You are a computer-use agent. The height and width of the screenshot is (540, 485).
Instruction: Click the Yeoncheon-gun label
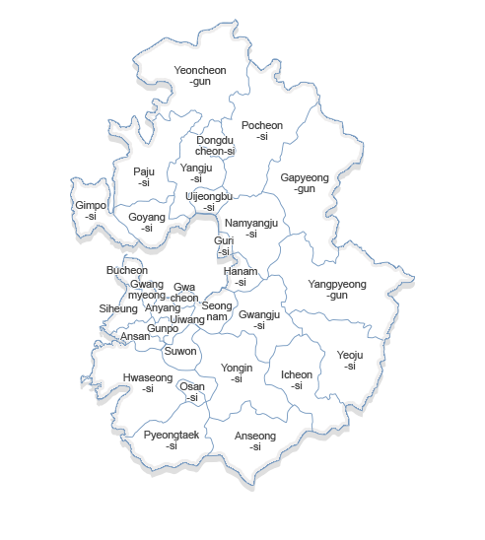click(x=199, y=76)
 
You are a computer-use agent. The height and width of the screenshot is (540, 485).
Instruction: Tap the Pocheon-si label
click(x=261, y=131)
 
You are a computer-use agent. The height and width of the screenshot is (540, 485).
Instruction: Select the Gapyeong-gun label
click(x=305, y=182)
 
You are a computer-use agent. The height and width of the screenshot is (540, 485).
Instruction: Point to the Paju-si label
click(x=144, y=177)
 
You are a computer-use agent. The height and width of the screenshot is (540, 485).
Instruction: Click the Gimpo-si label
click(x=91, y=211)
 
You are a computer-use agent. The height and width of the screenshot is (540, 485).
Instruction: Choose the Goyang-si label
click(x=147, y=222)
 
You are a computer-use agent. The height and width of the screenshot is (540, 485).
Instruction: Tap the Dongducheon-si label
click(x=214, y=146)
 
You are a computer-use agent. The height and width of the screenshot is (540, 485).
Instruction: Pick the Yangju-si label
click(x=196, y=173)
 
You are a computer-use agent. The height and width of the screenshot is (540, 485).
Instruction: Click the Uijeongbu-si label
click(x=209, y=202)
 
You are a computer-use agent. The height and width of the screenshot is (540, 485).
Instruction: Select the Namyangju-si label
click(x=251, y=229)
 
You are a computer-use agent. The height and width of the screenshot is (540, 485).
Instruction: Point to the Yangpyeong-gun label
click(x=337, y=290)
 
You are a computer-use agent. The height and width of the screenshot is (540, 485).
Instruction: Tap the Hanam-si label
click(x=241, y=277)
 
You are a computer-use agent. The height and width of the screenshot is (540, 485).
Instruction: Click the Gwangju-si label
click(x=259, y=320)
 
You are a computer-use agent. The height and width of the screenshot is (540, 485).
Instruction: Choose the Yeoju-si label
click(x=350, y=361)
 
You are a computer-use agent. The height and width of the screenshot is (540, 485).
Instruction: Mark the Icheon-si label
click(x=297, y=380)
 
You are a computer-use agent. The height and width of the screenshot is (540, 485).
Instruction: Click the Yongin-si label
click(x=237, y=373)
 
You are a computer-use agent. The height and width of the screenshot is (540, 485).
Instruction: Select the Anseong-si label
click(x=255, y=441)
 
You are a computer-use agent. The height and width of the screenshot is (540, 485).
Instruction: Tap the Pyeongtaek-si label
click(x=172, y=440)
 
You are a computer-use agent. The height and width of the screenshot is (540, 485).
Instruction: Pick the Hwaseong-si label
click(x=148, y=383)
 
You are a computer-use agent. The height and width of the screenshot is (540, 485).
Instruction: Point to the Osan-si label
click(x=192, y=392)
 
